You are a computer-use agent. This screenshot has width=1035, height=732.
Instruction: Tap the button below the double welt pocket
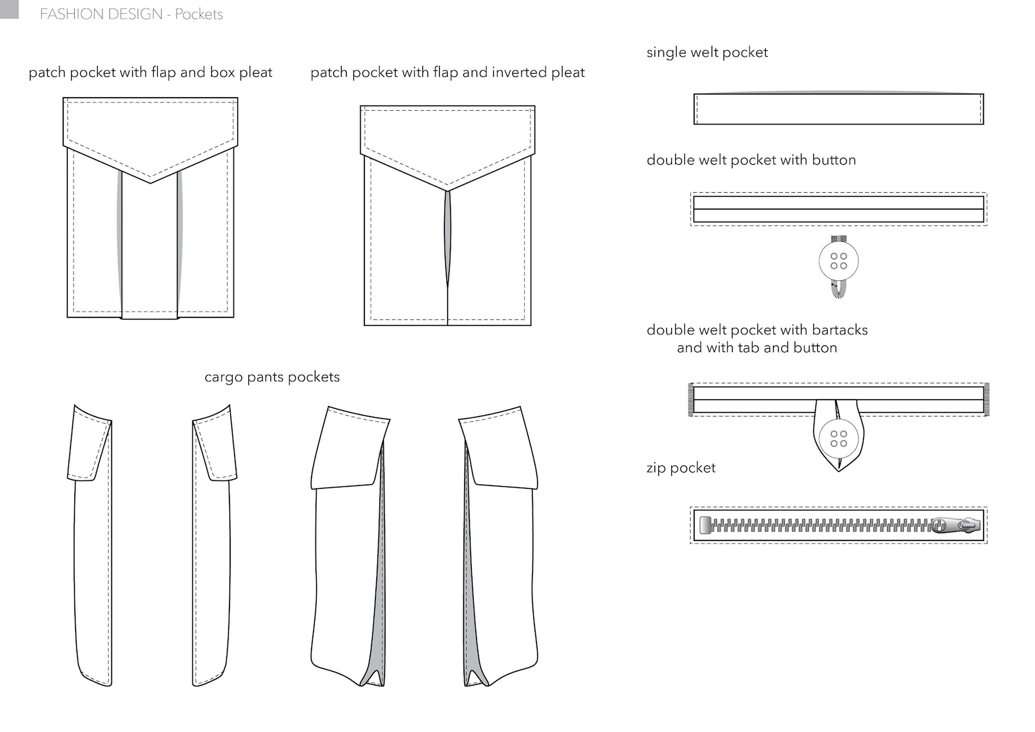(x=838, y=261)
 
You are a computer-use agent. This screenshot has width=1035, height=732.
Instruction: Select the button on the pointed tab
(x=839, y=438)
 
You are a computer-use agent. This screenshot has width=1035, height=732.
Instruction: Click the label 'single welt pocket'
(x=707, y=52)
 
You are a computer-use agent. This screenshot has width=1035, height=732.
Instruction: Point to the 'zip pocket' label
(x=680, y=467)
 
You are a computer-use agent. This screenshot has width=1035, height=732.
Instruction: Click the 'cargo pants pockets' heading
(x=272, y=377)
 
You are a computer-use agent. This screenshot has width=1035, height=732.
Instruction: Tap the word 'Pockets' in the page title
(x=199, y=14)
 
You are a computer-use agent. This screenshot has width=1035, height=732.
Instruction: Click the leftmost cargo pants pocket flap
(x=89, y=443)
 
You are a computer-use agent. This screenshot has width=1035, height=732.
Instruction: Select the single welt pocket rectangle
(x=838, y=109)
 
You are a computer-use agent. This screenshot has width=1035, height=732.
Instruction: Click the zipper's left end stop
(x=705, y=525)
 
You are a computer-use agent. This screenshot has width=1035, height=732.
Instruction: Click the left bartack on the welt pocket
(x=691, y=400)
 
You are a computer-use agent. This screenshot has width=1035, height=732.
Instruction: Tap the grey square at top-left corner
(x=8, y=8)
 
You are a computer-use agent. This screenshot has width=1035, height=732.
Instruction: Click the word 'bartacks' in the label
(x=839, y=330)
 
